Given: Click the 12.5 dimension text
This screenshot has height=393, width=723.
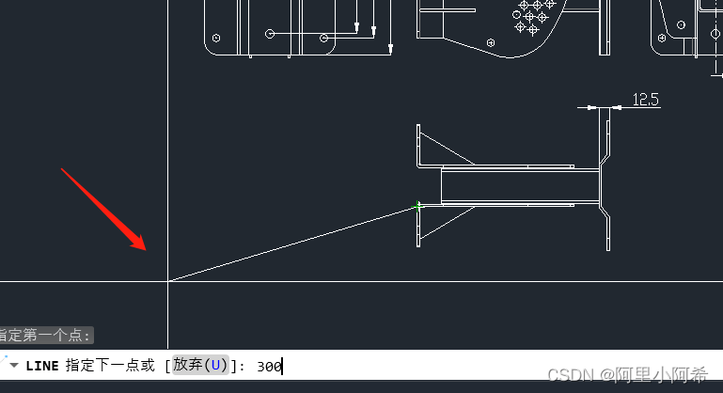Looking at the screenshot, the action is [x=644, y=99].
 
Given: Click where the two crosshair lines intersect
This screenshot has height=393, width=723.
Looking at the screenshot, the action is [x=168, y=280].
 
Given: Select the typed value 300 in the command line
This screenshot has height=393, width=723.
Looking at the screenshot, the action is [x=269, y=366].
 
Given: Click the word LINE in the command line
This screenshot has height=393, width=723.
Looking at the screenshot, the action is [x=43, y=366].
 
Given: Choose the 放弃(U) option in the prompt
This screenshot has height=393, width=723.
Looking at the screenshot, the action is [x=200, y=365].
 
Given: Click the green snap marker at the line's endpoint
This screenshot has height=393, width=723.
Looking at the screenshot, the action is [x=419, y=204].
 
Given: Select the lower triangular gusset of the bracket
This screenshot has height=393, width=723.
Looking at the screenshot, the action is [x=442, y=222].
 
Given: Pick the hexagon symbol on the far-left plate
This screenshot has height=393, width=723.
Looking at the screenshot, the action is [x=217, y=39].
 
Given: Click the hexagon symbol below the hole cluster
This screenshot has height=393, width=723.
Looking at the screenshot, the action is [x=491, y=40].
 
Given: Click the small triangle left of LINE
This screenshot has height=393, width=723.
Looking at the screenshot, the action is [x=14, y=365].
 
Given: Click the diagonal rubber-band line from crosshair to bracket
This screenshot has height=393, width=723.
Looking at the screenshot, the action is [x=291, y=243].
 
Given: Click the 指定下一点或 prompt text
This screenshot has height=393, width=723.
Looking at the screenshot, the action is [x=110, y=366].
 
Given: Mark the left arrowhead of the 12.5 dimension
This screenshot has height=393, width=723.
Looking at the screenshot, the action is [x=591, y=107].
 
